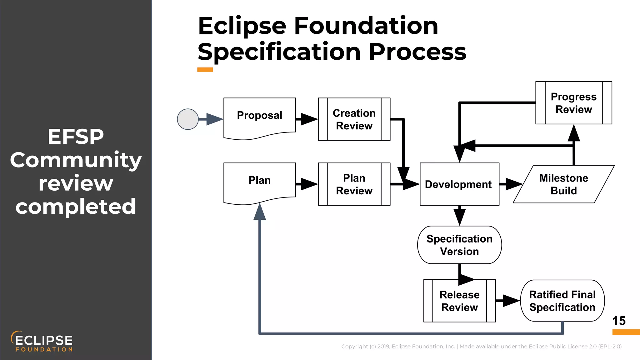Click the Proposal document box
click(x=259, y=117)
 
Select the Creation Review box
click(x=354, y=119)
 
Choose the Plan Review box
click(x=354, y=184)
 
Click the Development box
click(x=459, y=184)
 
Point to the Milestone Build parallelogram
click(x=563, y=184)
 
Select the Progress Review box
click(x=573, y=103)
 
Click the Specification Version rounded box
click(x=459, y=245)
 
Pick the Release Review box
click(x=459, y=301)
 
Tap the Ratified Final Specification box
click(x=562, y=301)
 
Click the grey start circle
click(x=188, y=119)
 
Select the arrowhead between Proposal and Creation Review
click(x=309, y=119)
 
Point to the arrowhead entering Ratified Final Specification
click(x=511, y=301)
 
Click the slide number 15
click(x=618, y=321)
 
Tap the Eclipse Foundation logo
click(x=42, y=341)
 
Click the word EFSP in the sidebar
click(x=76, y=137)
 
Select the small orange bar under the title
click(x=205, y=70)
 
